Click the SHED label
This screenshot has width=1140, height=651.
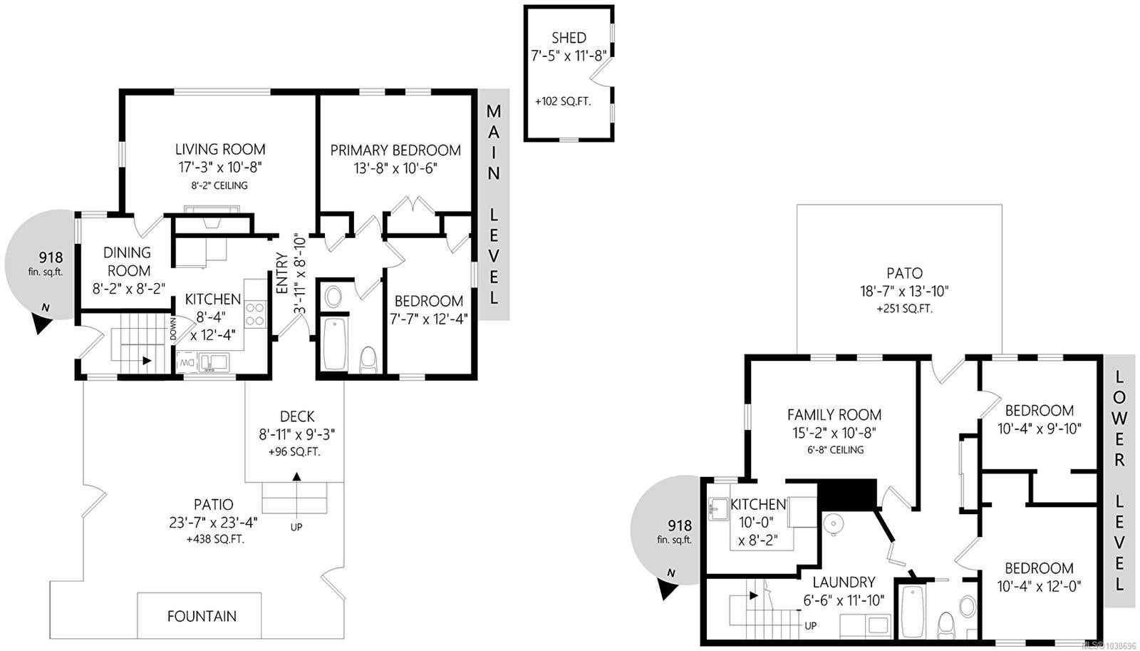(x=569, y=38)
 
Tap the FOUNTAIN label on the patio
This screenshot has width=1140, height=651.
(x=202, y=616)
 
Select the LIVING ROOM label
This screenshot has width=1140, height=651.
(x=220, y=149)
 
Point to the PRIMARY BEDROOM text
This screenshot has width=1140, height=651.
(x=395, y=150)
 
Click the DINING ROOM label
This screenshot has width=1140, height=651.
(x=127, y=261)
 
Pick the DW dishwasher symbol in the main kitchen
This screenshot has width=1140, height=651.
(x=186, y=363)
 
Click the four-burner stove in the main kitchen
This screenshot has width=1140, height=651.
(x=254, y=314)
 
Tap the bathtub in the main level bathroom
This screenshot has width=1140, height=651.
(x=334, y=344)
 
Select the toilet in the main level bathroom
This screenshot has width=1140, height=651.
(x=368, y=359)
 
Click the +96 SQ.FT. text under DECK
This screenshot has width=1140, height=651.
(x=294, y=452)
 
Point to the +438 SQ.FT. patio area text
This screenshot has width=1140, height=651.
(x=215, y=539)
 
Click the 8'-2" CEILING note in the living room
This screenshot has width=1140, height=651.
(x=219, y=185)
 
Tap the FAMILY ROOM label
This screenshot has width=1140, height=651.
(x=834, y=415)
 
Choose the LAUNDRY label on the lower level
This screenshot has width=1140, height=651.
(x=844, y=582)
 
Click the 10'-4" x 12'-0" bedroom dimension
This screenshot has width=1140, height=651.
(x=1039, y=587)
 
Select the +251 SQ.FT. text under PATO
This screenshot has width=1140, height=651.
(x=904, y=309)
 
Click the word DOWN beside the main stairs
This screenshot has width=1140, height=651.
(x=174, y=329)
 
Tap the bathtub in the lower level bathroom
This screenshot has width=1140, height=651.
(x=913, y=611)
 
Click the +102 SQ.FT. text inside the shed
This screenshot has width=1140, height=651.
(x=563, y=101)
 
